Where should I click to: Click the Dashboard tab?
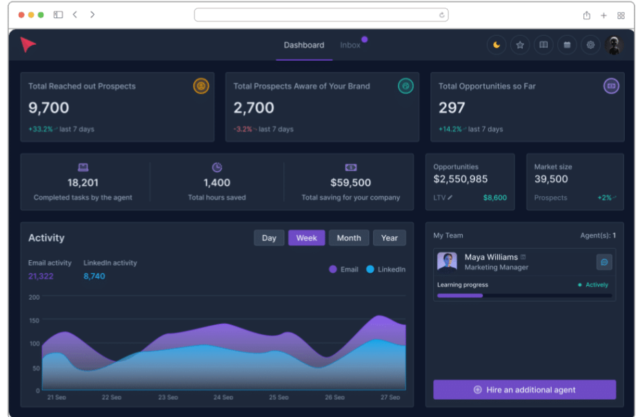point(303,46)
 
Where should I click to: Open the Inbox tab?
point(350,46)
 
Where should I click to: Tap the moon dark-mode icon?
point(497,46)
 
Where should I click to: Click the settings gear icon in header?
point(590,46)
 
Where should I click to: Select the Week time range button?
point(306,238)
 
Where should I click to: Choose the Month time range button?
point(348,238)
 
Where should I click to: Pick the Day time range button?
point(269,238)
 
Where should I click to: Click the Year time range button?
point(389,238)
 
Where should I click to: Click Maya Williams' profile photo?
point(447,262)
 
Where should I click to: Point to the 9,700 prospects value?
point(49,108)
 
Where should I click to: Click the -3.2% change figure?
point(243,129)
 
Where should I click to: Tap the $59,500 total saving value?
point(350,183)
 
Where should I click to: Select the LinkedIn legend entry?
point(386,269)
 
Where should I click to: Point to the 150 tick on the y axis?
point(34,320)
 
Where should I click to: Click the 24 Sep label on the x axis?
point(223,398)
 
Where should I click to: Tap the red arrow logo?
point(28,45)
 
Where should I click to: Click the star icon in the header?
point(520,46)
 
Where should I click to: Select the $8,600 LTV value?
point(494,198)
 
